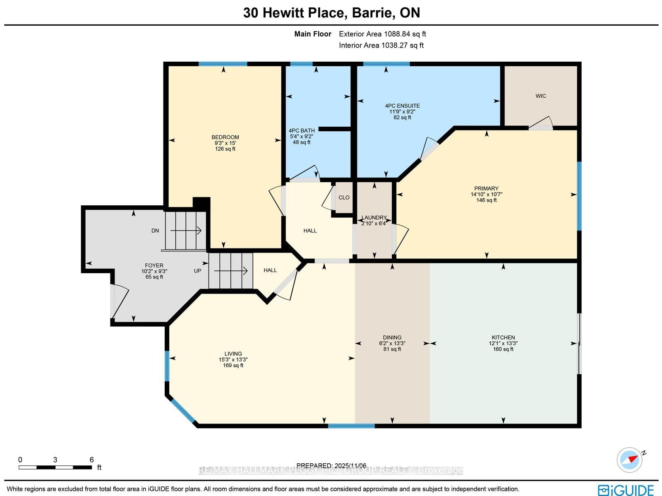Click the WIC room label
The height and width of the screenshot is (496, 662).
click(x=540, y=96)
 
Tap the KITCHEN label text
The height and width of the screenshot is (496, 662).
click(x=503, y=337)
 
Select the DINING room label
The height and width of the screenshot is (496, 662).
click(x=392, y=337)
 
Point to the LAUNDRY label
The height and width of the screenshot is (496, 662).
click(x=374, y=218)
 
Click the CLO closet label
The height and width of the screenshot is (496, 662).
click(x=344, y=197)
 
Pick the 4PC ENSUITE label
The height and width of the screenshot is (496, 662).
click(x=402, y=106)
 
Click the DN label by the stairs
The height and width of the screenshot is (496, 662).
click(x=155, y=231)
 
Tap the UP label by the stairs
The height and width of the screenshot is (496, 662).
click(x=198, y=271)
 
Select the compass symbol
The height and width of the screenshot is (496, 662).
click(x=629, y=460)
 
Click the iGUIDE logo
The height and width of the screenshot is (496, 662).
click(x=626, y=490)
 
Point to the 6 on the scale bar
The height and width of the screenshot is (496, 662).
click(x=91, y=460)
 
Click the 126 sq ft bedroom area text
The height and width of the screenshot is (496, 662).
click(x=225, y=149)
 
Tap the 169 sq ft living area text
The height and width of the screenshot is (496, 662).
click(x=233, y=366)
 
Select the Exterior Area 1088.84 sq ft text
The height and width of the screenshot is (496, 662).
click(x=382, y=34)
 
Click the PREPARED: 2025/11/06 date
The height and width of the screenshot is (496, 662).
click(x=331, y=466)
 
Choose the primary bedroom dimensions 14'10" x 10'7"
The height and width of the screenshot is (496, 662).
click(x=486, y=194)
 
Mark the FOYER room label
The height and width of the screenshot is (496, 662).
click(x=154, y=266)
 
